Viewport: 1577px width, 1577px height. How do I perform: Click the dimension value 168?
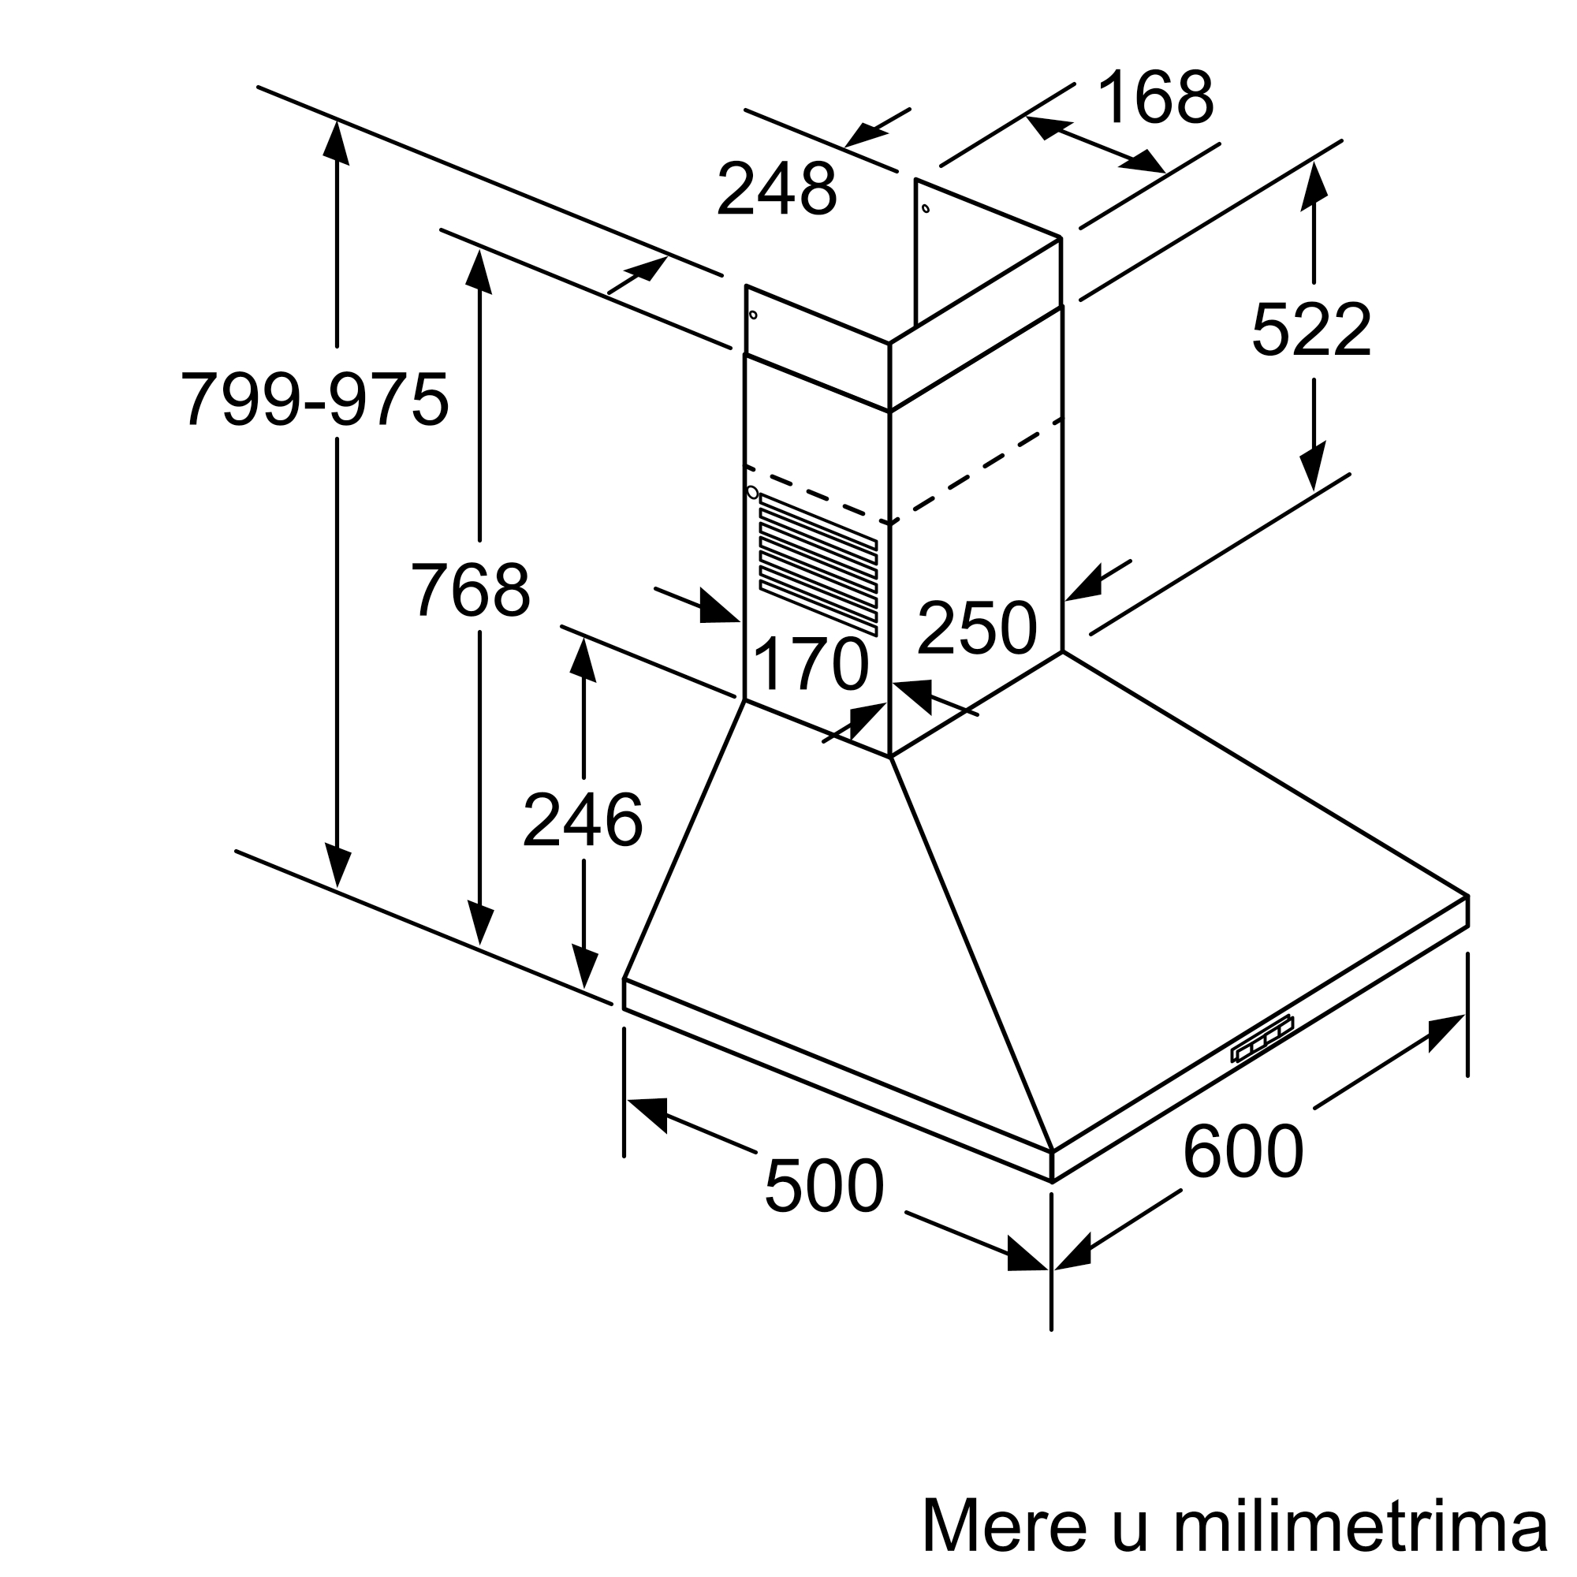pyautogui.click(x=1156, y=97)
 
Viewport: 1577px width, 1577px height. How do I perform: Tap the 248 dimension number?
pyautogui.click(x=777, y=188)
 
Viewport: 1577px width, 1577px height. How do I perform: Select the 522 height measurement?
pyautogui.click(x=1311, y=329)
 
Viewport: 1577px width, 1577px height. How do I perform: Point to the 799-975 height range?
pyautogui.click(x=315, y=398)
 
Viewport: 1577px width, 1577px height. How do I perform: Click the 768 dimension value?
pyautogui.click(x=471, y=588)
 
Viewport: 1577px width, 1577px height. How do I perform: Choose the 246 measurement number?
pyautogui.click(x=583, y=819)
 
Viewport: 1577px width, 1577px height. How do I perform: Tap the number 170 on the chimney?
pyautogui.click(x=811, y=664)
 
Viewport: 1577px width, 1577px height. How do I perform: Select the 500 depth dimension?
pyautogui.click(x=825, y=1184)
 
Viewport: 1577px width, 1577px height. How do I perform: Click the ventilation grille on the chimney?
pyautogui.click(x=818, y=564)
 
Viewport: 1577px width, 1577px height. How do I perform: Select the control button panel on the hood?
pyautogui.click(x=1262, y=1038)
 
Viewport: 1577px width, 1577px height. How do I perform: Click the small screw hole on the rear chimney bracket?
pyautogui.click(x=925, y=208)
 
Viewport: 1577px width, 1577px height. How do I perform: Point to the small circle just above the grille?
pyautogui.click(x=751, y=492)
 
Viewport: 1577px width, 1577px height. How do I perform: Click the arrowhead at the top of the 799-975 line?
pyautogui.click(x=337, y=141)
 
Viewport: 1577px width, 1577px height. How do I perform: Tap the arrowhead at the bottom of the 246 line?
pyautogui.click(x=583, y=966)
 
